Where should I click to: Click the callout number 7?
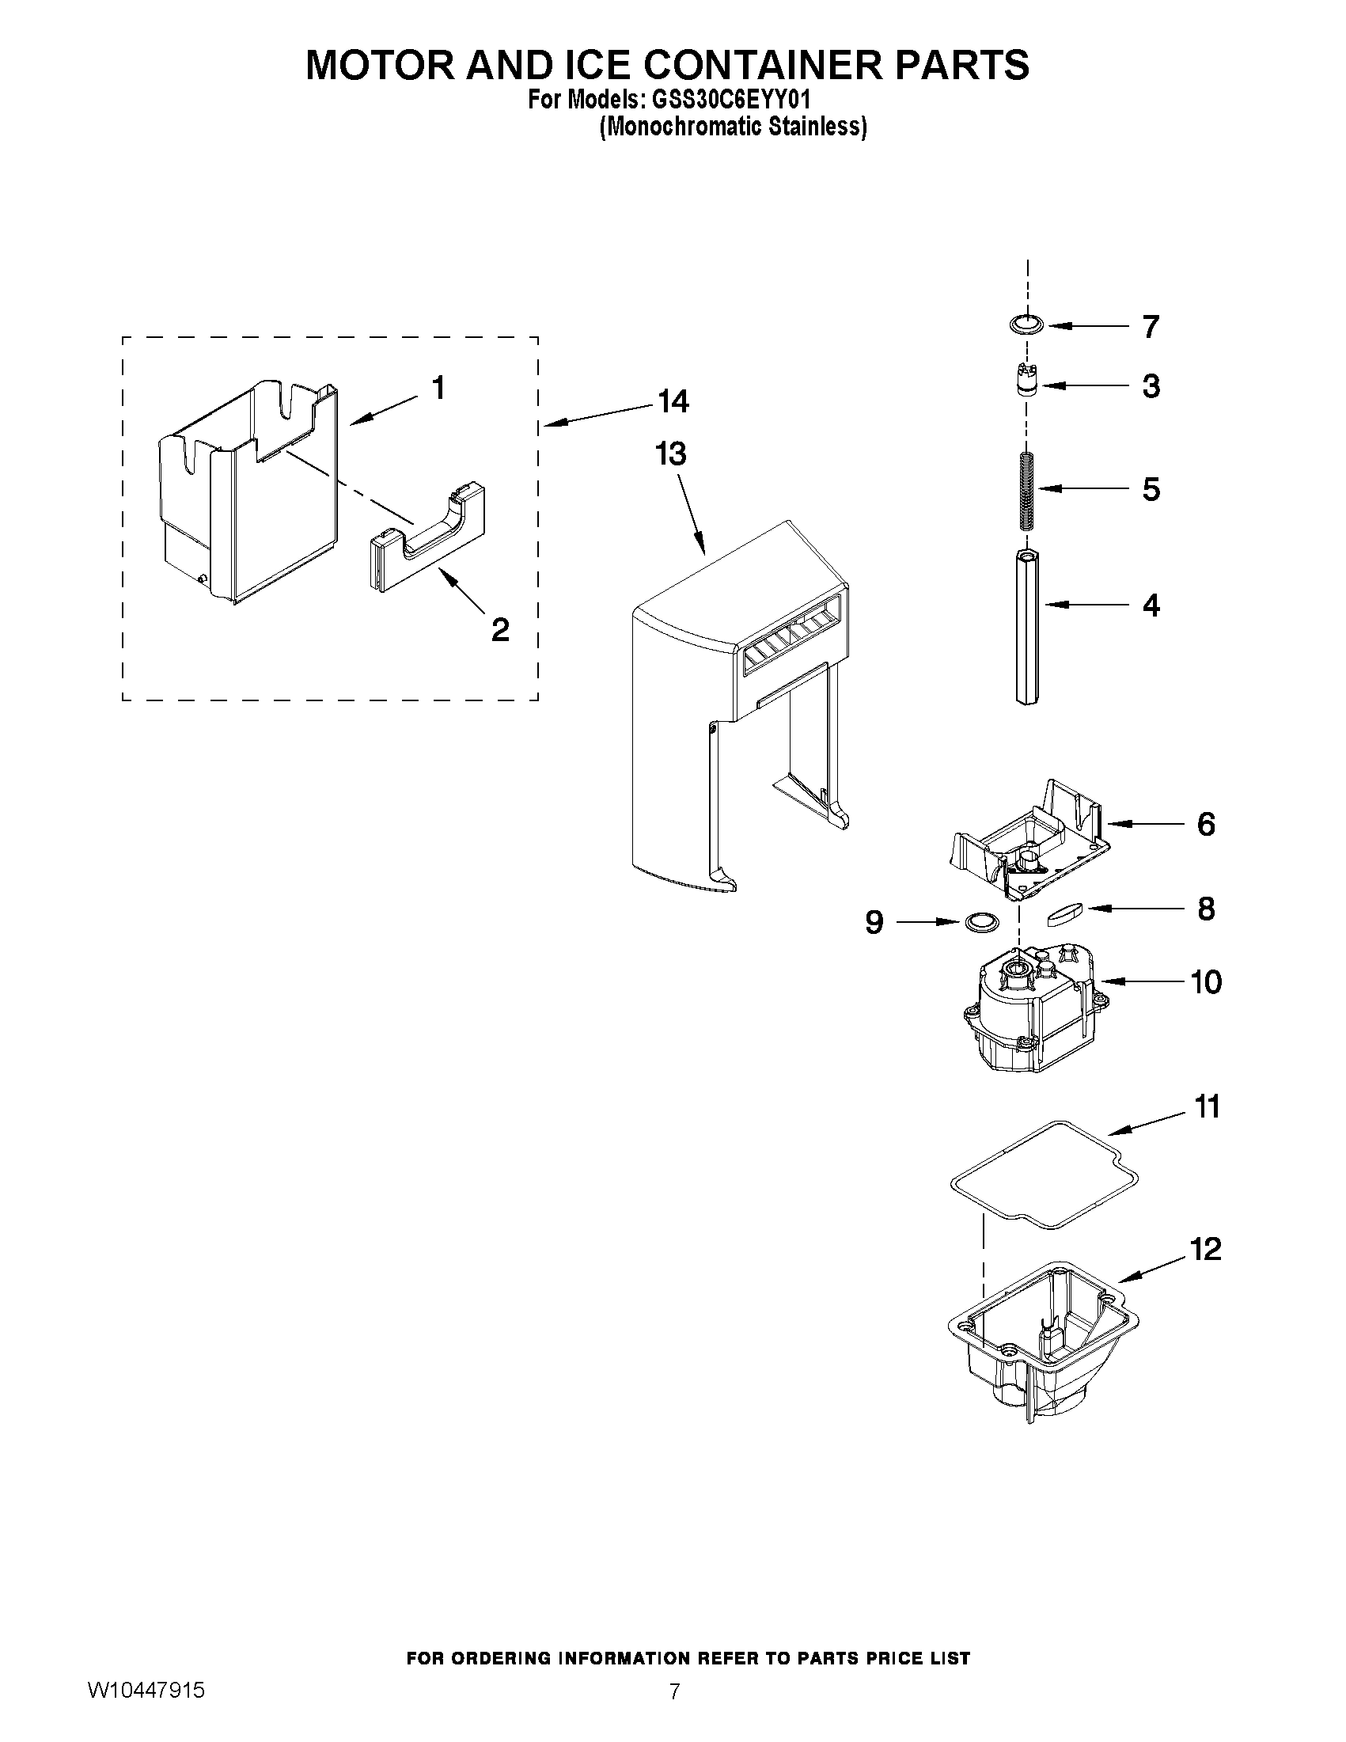1150,327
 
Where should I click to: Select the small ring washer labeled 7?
1026,324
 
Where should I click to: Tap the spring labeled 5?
1026,489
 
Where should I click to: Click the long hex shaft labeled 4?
1027,627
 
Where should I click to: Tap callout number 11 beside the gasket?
1208,1107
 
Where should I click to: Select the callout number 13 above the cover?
670,454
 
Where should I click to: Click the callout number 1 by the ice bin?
438,389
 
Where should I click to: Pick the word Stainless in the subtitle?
824,127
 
